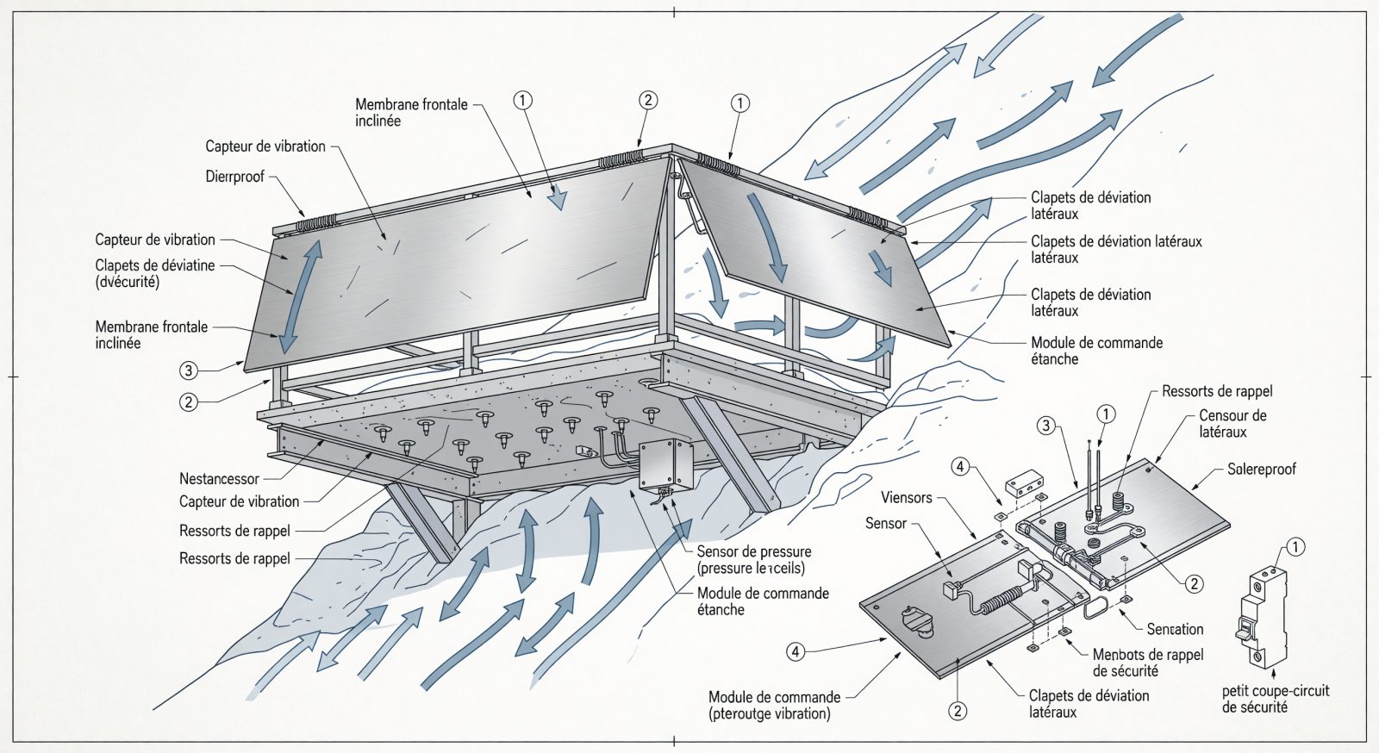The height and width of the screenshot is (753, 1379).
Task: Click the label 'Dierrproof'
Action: tap(234, 177)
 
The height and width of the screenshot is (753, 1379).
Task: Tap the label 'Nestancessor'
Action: tap(219, 479)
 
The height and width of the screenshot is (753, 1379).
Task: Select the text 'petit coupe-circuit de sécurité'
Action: tap(1276, 699)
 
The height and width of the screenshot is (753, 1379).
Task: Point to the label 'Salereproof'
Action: tap(1262, 470)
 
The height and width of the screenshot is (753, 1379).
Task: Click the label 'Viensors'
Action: tap(906, 498)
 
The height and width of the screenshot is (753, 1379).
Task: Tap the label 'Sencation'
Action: tap(1175, 629)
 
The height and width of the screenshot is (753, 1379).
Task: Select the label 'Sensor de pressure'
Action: tap(754, 552)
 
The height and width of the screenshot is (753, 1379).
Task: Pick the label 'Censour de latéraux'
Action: tap(1232, 423)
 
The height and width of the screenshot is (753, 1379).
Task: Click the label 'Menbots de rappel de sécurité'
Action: tap(1147, 663)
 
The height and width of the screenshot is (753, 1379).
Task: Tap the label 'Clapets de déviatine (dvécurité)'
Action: tap(154, 274)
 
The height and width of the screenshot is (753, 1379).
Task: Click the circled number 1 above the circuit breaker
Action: tap(1295, 548)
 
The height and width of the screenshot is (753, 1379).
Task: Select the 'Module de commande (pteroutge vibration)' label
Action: tap(774, 705)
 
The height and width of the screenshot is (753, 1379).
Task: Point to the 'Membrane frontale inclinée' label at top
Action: tap(411, 113)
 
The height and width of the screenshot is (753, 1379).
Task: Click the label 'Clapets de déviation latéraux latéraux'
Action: tap(1116, 249)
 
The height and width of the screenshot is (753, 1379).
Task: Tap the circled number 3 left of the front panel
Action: tap(189, 370)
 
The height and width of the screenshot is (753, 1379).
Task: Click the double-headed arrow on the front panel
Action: tap(302, 296)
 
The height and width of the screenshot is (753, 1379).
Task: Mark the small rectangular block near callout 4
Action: tap(1024, 483)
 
